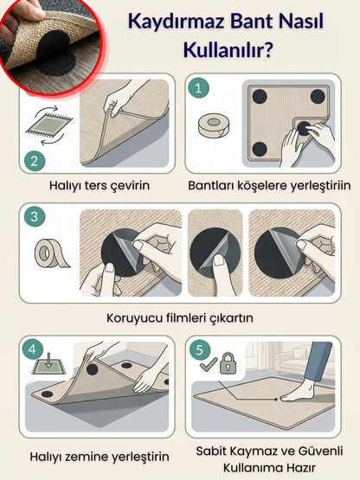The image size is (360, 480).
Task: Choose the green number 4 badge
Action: (x=34, y=351)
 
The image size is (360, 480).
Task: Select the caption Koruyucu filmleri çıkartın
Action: (x=180, y=317)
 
